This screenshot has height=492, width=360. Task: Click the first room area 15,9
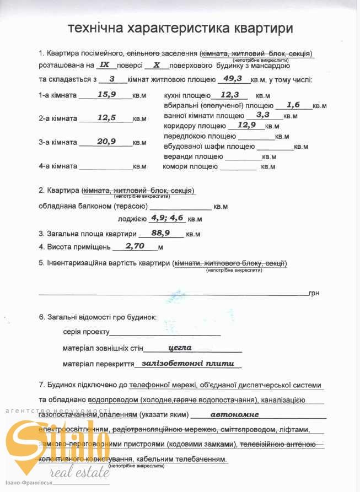[x=106, y=94]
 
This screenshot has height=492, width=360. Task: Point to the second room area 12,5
[x=106, y=117]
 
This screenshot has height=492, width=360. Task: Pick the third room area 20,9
[x=106, y=141]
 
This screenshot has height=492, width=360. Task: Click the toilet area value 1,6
[x=293, y=104]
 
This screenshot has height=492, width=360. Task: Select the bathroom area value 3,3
[x=262, y=115]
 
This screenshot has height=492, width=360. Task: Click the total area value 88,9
[x=160, y=233]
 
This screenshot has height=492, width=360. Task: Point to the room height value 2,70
[x=135, y=246]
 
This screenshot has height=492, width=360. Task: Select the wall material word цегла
[x=180, y=348]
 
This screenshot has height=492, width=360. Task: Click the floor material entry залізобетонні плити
[x=188, y=364]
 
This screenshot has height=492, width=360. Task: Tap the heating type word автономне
[x=234, y=414]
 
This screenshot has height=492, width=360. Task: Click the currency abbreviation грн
[x=315, y=294]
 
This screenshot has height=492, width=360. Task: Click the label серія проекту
[x=87, y=333]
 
